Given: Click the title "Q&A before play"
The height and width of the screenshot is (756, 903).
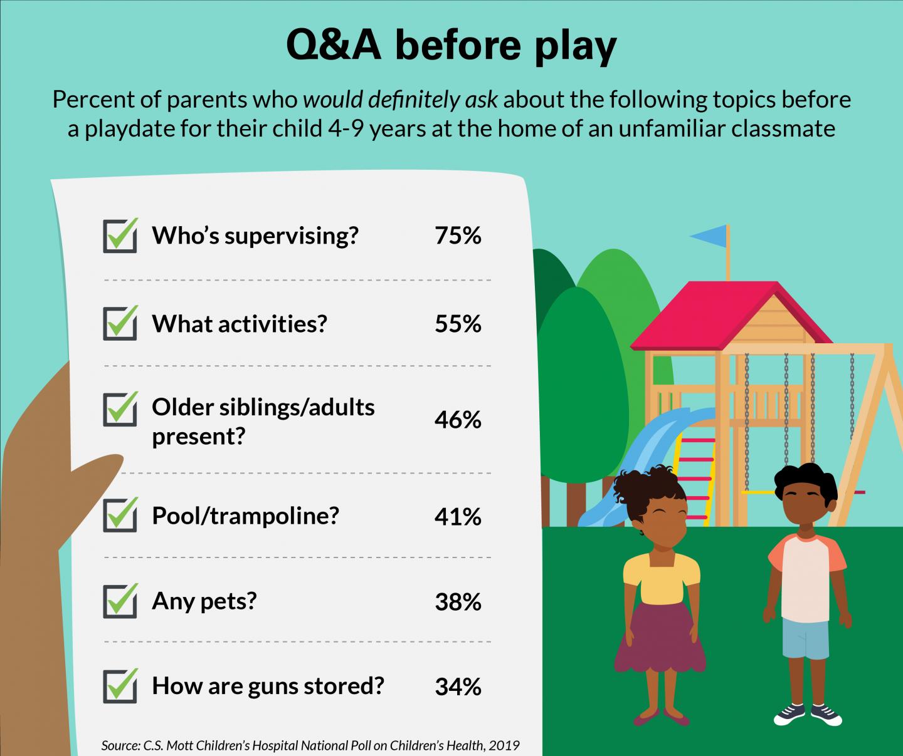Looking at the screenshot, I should [x=451, y=46].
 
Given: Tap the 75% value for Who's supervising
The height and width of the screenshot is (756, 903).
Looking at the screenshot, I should [x=458, y=236].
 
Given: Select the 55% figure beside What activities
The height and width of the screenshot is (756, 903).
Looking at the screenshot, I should [x=458, y=324].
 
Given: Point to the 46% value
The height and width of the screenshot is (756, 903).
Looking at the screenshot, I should [x=458, y=420].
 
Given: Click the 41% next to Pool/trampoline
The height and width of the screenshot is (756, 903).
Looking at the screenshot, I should [x=458, y=517].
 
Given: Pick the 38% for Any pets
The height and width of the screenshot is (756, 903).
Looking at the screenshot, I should [x=458, y=602].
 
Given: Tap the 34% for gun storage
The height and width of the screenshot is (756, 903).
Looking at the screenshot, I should [x=458, y=687].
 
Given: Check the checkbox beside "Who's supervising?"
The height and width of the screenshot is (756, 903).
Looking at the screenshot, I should [x=120, y=236].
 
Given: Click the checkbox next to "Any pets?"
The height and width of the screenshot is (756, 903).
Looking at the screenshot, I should [x=120, y=601].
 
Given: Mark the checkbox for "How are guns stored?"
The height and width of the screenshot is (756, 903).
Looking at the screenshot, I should [x=120, y=686].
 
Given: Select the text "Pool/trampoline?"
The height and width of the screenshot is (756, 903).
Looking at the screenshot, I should [x=245, y=516].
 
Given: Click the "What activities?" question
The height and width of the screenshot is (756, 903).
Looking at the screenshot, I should [x=240, y=324].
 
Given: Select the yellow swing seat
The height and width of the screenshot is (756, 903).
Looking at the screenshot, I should [x=759, y=492].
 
